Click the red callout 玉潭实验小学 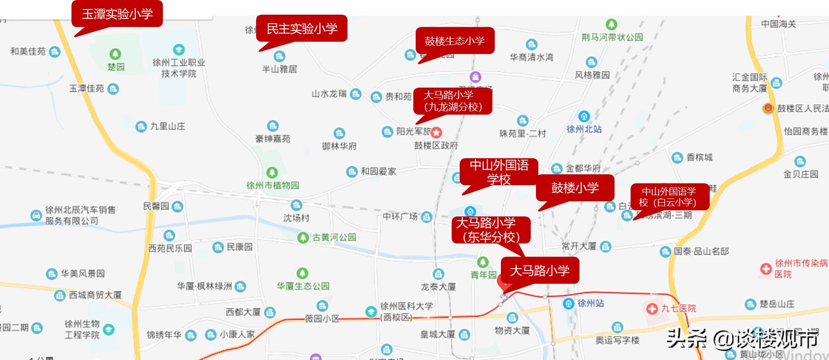[x=117, y=14]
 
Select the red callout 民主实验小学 [x=302, y=28]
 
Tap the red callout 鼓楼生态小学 [x=455, y=41]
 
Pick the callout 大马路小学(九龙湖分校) [x=453, y=101]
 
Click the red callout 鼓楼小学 [x=575, y=188]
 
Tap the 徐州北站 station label [x=584, y=129]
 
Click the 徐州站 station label [x=590, y=303]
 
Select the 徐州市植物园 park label [x=273, y=185]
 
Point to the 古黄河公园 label [x=334, y=237]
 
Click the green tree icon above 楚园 [x=115, y=54]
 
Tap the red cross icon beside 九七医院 [x=652, y=309]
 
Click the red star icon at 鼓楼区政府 [x=436, y=133]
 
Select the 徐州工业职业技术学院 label [x=178, y=68]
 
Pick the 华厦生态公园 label [x=303, y=286]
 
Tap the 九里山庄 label [x=168, y=126]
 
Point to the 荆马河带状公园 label [x=612, y=37]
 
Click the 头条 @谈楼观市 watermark [x=742, y=338]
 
